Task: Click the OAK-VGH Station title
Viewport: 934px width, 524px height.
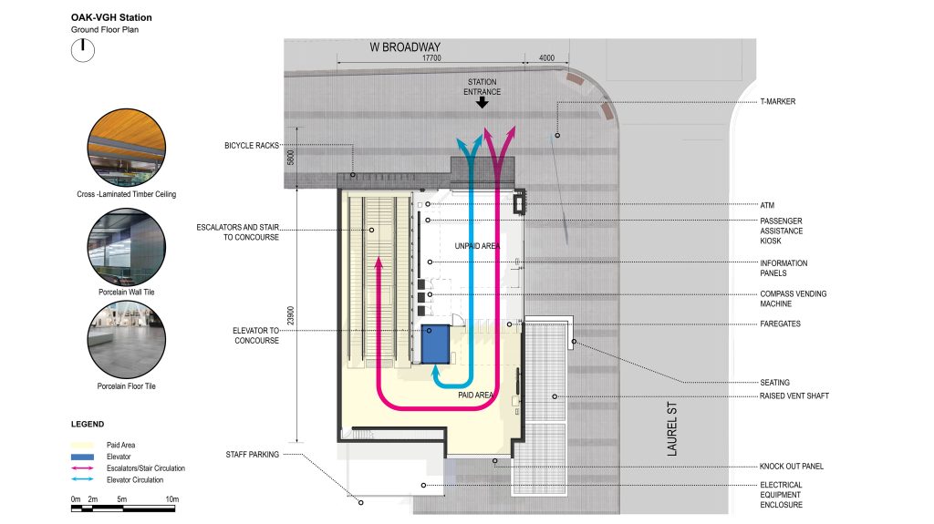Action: (111, 17)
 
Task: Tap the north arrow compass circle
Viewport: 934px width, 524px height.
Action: (83, 49)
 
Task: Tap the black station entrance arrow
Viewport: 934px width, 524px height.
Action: (483, 103)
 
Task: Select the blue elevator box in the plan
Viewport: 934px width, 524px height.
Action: (437, 342)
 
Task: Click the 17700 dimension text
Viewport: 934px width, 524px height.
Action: (431, 58)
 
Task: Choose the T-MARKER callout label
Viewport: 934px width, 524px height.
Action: (778, 102)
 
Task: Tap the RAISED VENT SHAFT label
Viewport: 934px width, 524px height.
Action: (795, 396)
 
